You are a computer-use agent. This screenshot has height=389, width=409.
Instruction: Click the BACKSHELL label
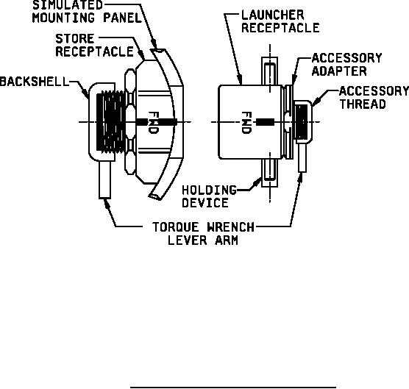tap(34, 82)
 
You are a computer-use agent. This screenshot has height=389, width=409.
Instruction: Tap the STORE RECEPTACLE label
tap(94, 45)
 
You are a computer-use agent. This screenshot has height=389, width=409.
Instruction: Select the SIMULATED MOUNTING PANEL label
tap(87, 12)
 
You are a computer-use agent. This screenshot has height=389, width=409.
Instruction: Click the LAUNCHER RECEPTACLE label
tap(280, 21)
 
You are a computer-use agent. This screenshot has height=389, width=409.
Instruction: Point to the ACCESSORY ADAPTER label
tap(347, 65)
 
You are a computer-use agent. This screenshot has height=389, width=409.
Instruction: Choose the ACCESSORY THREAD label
tap(374, 98)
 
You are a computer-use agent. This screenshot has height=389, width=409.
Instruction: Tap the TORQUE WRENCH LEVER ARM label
tap(203, 234)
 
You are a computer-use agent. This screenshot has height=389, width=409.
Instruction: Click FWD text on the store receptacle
tap(153, 123)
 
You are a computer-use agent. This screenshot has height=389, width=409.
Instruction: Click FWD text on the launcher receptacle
tap(246, 123)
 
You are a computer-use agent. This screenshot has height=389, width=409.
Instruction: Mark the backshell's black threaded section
tap(111, 122)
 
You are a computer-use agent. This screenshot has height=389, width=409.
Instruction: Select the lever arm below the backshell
tap(105, 180)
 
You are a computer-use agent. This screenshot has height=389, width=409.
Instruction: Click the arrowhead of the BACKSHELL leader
tap(85, 93)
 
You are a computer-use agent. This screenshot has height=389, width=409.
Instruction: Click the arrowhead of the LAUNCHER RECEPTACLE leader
tap(240, 80)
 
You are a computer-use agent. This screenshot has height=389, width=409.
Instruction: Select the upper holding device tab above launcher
tap(270, 71)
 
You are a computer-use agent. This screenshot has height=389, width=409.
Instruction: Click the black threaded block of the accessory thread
tap(302, 122)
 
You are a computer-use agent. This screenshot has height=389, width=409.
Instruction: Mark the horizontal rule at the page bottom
tap(233, 388)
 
